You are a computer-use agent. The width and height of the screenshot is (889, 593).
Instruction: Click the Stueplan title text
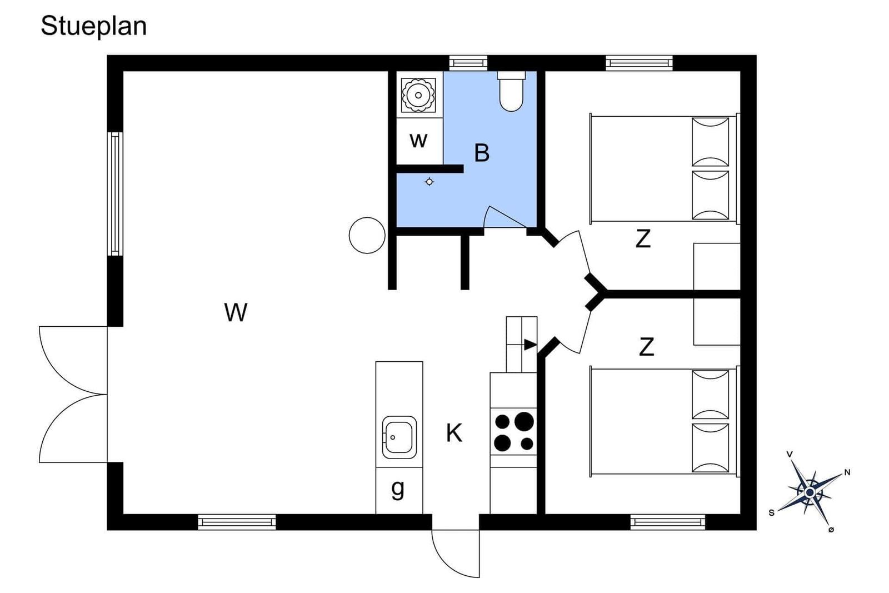94,27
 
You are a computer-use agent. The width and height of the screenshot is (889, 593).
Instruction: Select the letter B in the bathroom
482,153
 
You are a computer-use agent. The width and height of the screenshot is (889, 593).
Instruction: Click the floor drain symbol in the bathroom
429,182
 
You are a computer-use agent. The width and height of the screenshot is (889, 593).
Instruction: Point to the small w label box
419,141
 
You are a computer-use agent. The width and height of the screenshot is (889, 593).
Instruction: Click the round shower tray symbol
418,95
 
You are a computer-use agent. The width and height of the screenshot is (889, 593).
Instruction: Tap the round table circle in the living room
367,236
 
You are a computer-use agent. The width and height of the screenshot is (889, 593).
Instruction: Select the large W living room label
236,312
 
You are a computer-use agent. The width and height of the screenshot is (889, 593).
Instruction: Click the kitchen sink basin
399,437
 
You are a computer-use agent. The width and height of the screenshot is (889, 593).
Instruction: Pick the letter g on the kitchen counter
398,489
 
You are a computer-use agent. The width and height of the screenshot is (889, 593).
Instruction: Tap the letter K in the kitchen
454,433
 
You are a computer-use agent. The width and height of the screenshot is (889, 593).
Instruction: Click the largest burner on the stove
525,421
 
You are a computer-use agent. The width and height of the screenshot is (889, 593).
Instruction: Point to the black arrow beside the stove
530,345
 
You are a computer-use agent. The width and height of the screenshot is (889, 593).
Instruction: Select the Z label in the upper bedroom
643,238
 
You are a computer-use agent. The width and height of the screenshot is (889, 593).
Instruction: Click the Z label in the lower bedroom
647,346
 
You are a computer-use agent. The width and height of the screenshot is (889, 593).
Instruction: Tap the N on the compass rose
847,472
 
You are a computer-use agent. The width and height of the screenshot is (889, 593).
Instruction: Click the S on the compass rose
772,513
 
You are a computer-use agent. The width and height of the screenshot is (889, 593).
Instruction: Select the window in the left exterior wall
115,194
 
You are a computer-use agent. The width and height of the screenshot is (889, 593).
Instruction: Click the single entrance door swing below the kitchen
456,554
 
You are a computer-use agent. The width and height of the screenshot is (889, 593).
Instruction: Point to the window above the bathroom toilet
468,63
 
